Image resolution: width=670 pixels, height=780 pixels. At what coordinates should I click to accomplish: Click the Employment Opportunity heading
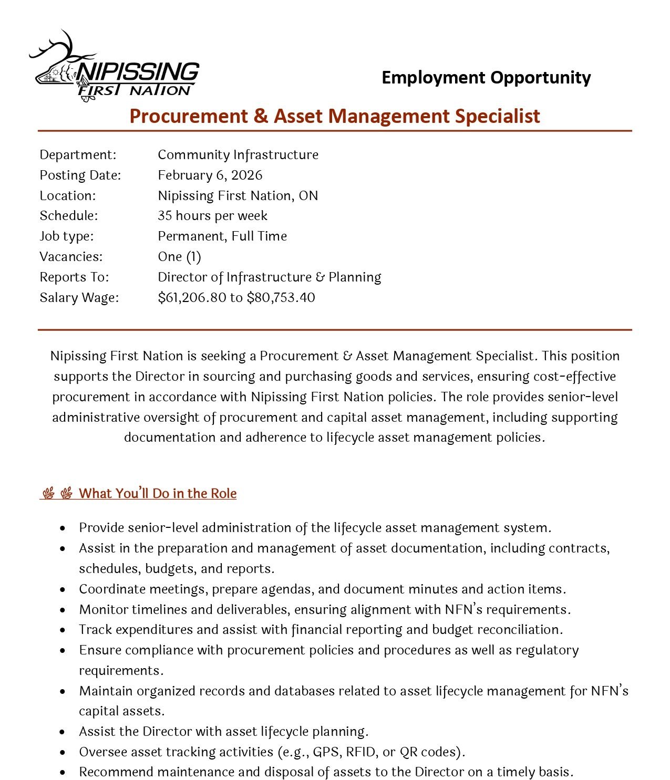pyautogui.click(x=486, y=78)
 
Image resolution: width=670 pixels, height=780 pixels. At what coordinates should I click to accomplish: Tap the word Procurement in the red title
pyautogui.click(x=188, y=116)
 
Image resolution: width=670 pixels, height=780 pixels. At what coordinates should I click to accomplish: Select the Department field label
pyautogui.click(x=78, y=154)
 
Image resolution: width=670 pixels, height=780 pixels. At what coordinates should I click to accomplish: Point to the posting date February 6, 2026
pyautogui.click(x=210, y=175)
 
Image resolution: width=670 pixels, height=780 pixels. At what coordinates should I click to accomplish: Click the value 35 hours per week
pyautogui.click(x=212, y=215)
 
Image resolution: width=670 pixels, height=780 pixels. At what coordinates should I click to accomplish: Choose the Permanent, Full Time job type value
pyautogui.click(x=222, y=236)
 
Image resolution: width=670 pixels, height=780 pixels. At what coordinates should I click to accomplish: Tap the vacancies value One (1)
pyautogui.click(x=179, y=256)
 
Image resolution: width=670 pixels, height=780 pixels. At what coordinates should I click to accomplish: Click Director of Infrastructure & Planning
pyautogui.click(x=269, y=277)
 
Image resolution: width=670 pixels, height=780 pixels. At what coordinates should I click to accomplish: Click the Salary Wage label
pyautogui.click(x=79, y=297)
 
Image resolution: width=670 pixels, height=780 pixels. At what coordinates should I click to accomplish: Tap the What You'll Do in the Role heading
pyautogui.click(x=158, y=493)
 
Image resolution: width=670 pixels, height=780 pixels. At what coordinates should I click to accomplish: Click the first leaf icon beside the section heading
pyautogui.click(x=48, y=493)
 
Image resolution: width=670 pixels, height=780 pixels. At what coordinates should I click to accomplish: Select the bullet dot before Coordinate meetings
pyautogui.click(x=63, y=589)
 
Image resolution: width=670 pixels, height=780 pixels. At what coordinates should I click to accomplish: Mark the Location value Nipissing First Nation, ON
pyautogui.click(x=238, y=195)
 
